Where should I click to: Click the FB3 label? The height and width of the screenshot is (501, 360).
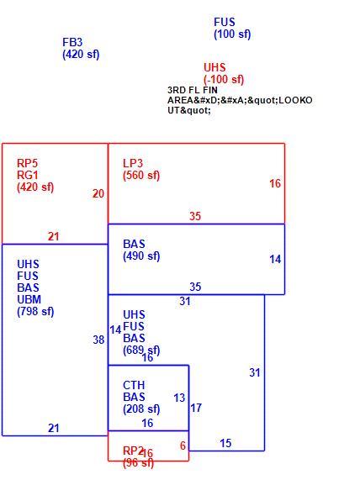pos(72,42)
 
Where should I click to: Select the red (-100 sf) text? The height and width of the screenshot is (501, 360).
pos(224,79)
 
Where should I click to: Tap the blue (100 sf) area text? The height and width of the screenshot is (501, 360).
pos(232,34)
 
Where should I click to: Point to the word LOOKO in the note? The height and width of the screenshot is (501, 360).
pos(295,100)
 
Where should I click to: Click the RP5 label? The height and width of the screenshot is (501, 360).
pos(27,163)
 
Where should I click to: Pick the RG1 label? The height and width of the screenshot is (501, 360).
pos(28,175)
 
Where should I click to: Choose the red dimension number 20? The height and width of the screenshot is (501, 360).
pos(98,193)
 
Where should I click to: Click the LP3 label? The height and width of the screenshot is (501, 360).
pos(133,163)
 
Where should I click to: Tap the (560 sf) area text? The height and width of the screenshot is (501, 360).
pos(141,175)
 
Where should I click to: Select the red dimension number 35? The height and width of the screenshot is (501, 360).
pos(195,216)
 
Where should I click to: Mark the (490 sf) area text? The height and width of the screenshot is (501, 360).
pos(141,256)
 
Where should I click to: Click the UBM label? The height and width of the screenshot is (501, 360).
pos(29,299)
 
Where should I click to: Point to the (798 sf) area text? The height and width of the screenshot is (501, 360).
pos(35,311)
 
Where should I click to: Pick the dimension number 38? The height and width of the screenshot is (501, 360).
pos(98,340)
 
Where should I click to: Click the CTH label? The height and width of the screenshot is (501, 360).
pos(134,385)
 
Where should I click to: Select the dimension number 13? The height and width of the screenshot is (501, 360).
pos(179,398)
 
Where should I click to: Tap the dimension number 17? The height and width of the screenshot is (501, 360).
pos(196,408)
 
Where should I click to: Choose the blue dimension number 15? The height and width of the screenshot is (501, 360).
pos(225,443)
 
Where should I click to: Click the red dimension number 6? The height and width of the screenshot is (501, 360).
pos(183,446)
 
